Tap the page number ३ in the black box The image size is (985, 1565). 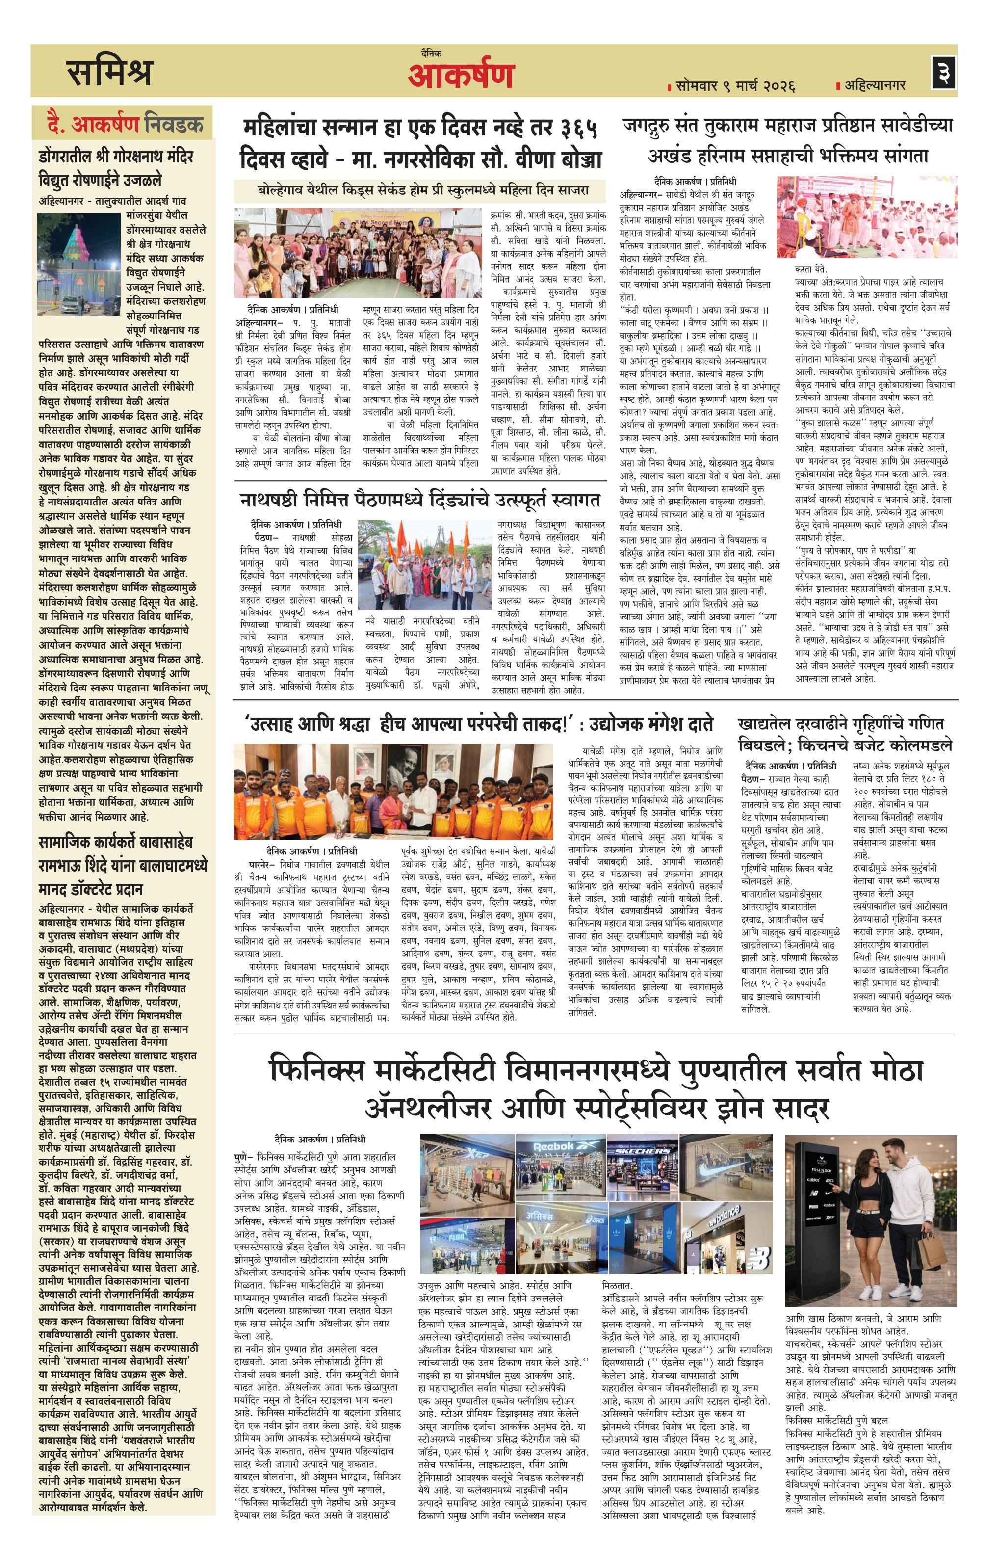pyautogui.click(x=943, y=72)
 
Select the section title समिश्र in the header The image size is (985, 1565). pyautogui.click(x=110, y=72)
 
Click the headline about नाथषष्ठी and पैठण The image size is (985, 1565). pyautogui.click(x=420, y=501)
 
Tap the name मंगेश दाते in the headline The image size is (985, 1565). pyautogui.click(x=679, y=723)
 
